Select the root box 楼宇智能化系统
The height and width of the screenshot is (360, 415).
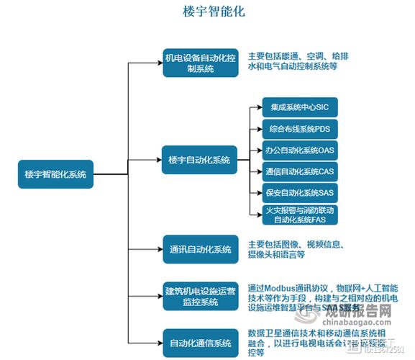click(x=55, y=174)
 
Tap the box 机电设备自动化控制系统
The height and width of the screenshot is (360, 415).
click(x=199, y=62)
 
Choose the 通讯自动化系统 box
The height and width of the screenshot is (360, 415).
click(x=199, y=250)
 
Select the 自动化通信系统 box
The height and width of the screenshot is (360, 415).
click(x=199, y=341)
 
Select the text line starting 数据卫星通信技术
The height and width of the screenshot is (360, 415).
click(x=316, y=333)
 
